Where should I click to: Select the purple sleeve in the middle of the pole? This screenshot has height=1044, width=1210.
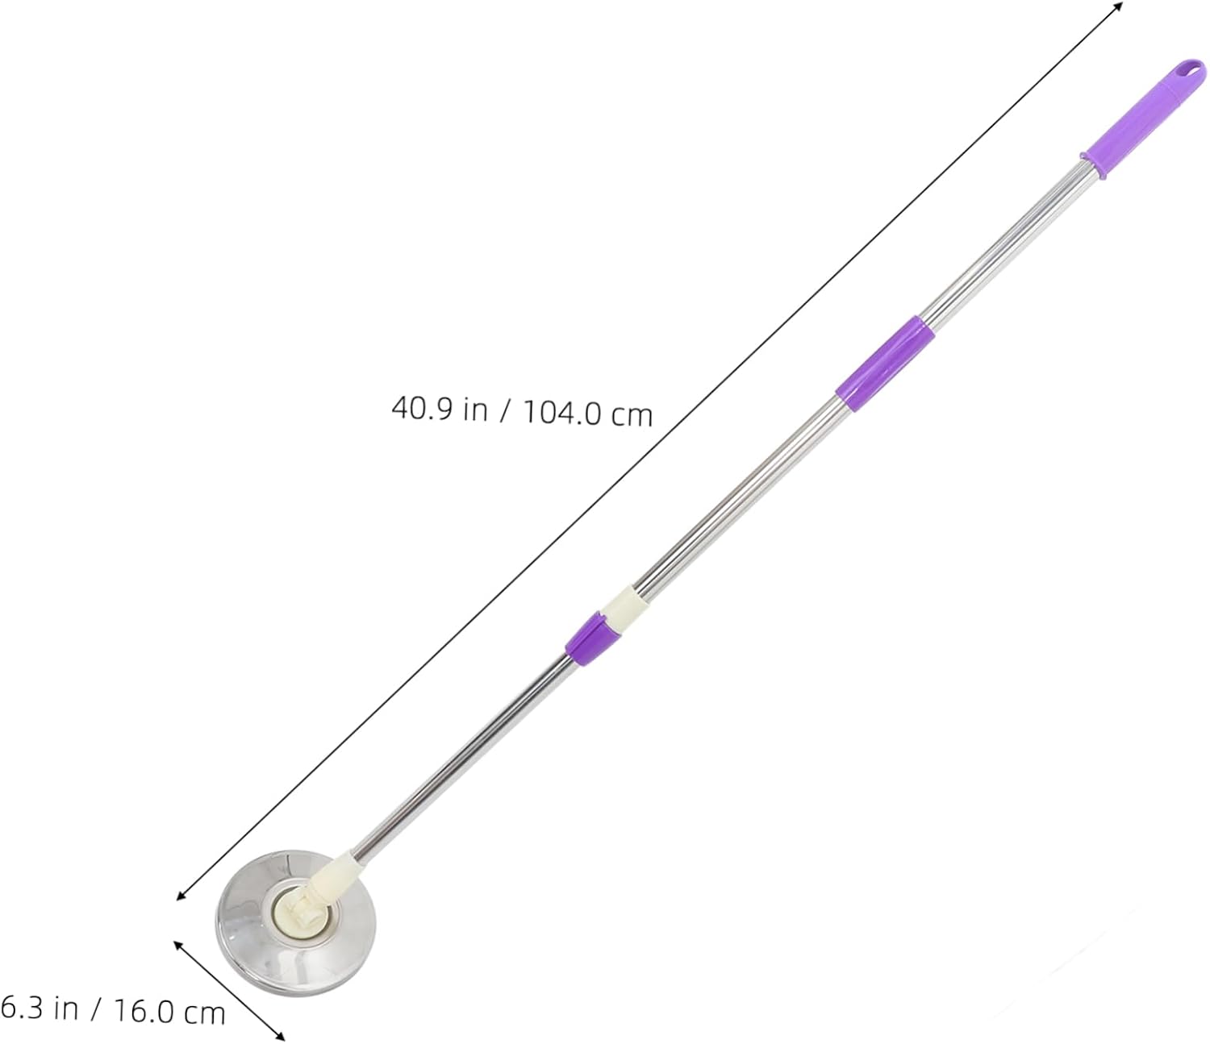click(x=884, y=362)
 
